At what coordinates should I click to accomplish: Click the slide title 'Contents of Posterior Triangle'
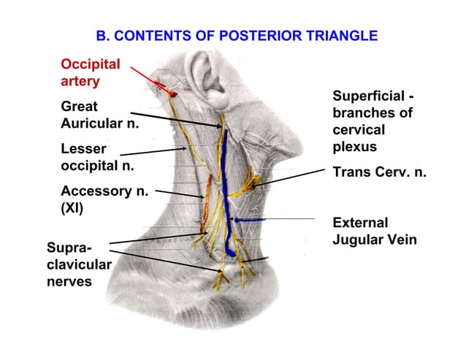tap(237, 35)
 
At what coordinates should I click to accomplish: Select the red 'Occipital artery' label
tap(90, 72)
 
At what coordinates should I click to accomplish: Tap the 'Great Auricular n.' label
tap(99, 114)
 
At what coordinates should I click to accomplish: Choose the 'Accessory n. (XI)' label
tap(104, 199)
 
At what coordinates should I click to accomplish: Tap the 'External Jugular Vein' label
tap(375, 230)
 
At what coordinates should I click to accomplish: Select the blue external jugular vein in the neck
tap(227, 190)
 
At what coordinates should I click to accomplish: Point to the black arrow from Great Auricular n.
tap(178, 119)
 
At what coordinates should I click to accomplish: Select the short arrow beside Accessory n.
tap(180, 194)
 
